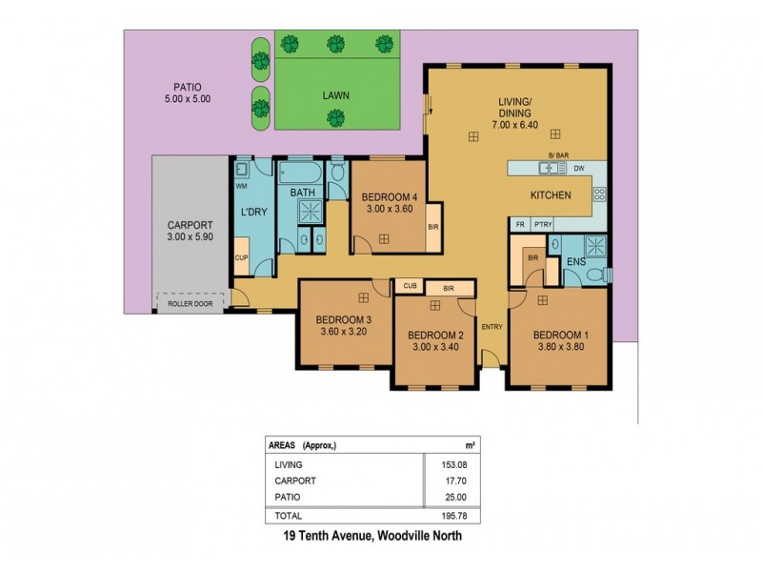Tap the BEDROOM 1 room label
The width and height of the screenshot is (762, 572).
pos(560,335)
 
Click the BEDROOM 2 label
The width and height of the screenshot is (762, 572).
pos(435,336)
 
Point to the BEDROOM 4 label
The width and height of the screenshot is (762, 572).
pos(390,198)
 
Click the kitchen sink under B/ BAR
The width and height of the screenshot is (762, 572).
pos(550,169)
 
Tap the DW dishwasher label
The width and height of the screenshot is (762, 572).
pos(578,169)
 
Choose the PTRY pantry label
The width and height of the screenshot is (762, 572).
pos(543,224)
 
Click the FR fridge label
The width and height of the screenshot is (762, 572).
pos(520,224)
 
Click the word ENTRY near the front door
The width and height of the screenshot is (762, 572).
pos(491,327)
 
